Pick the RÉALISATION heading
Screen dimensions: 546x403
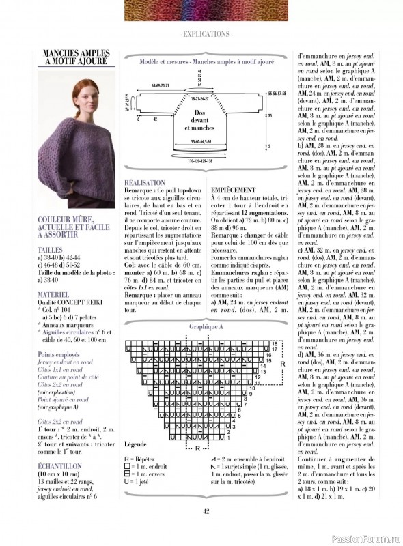click(x=144, y=183)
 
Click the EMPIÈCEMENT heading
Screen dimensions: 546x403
click(x=233, y=190)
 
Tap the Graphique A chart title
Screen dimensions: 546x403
click(x=206, y=327)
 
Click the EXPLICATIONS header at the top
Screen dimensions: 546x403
click(x=206, y=33)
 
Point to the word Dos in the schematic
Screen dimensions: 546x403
click(x=199, y=112)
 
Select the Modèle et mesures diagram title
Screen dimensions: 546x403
click(x=206, y=61)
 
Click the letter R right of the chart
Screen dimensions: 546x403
click(x=282, y=364)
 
